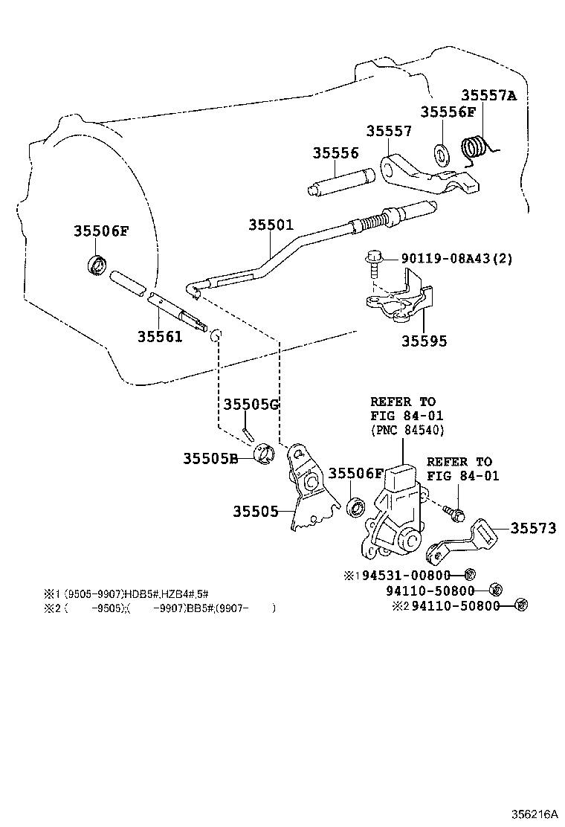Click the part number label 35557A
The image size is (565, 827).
click(488, 95)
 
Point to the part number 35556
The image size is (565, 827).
click(335, 153)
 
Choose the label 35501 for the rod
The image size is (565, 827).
click(271, 225)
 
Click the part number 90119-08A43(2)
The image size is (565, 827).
click(456, 259)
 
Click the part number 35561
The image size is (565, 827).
click(160, 336)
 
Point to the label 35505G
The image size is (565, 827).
click(251, 404)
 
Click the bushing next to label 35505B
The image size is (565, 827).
click(265, 456)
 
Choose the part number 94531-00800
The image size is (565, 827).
click(407, 575)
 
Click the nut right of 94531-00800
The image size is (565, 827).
click(468, 575)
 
